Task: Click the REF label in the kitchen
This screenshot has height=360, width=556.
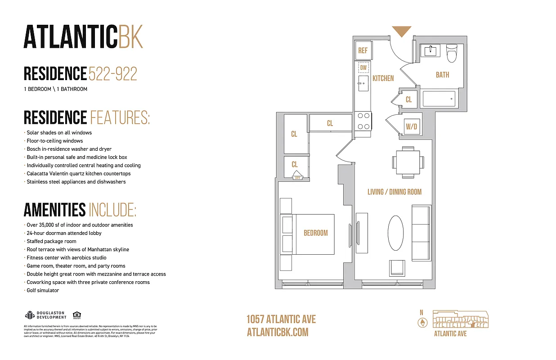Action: click(363, 51)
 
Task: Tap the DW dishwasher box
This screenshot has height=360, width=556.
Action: click(363, 68)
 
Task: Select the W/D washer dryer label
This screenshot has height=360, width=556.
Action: click(412, 127)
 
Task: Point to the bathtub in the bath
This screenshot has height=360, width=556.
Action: click(439, 99)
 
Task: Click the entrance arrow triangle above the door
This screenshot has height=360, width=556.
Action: click(401, 31)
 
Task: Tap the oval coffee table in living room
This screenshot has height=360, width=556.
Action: click(396, 233)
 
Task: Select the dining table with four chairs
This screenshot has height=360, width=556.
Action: click(408, 162)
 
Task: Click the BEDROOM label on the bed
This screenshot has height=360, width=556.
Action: click(315, 233)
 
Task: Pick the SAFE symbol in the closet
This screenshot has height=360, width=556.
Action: click(297, 175)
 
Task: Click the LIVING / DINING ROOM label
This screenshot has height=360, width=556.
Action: click(395, 192)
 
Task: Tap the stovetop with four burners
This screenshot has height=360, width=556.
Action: click(363, 121)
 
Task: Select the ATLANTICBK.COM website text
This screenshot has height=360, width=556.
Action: click(278, 332)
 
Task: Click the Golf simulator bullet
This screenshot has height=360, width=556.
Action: click(43, 291)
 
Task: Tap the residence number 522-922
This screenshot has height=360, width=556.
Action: click(113, 74)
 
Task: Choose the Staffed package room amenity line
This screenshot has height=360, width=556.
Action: click(51, 242)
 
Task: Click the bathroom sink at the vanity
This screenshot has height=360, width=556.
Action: click(430, 50)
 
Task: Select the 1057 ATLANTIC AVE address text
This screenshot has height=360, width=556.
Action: click(281, 319)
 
